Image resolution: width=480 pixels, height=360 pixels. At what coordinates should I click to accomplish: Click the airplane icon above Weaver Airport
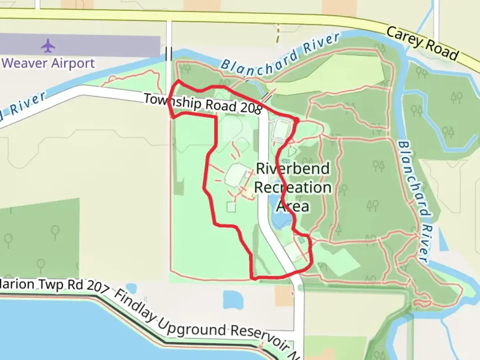48,46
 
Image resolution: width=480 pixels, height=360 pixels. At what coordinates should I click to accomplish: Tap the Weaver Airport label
49,63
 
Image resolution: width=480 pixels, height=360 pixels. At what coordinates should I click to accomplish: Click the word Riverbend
293,168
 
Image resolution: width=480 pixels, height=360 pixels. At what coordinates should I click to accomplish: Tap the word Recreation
293,187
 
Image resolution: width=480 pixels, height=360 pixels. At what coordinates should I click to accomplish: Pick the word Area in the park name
293,206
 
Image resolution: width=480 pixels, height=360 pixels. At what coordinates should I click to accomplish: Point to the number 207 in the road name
98,287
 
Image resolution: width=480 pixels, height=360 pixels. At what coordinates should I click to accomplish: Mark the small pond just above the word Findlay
131,287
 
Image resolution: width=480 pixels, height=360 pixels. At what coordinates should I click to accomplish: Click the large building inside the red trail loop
236,175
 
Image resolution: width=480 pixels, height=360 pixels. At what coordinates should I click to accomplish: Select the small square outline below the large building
231,207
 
